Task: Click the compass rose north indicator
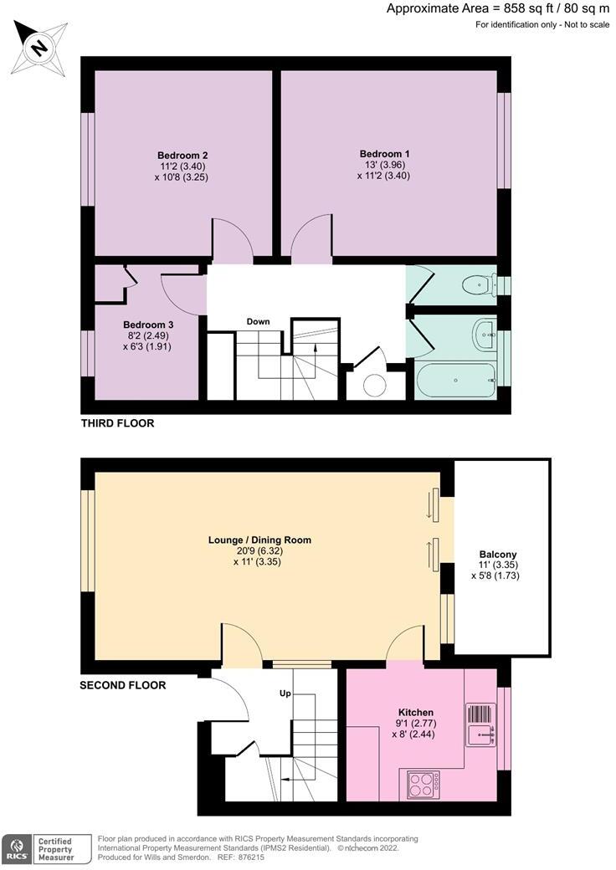pyautogui.click(x=39, y=48)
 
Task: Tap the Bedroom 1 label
pyautogui.click(x=385, y=154)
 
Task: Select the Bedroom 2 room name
pyautogui.click(x=182, y=156)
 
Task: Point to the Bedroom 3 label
pyautogui.click(x=144, y=325)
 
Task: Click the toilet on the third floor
pyautogui.click(x=479, y=285)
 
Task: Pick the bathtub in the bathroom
pyautogui.click(x=455, y=380)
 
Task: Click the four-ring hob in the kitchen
pyautogui.click(x=423, y=785)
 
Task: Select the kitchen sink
pyautogui.click(x=480, y=725)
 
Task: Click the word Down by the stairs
pyautogui.click(x=258, y=321)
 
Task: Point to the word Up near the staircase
pyautogui.click(x=285, y=693)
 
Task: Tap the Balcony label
pyautogui.click(x=498, y=554)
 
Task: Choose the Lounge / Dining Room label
pyautogui.click(x=259, y=540)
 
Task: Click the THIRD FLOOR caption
pyautogui.click(x=118, y=423)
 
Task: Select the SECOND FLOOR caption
pyautogui.click(x=123, y=685)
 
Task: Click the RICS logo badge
pyautogui.click(x=16, y=849)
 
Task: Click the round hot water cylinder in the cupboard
pyautogui.click(x=375, y=386)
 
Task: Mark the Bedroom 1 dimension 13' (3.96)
pyautogui.click(x=385, y=165)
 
